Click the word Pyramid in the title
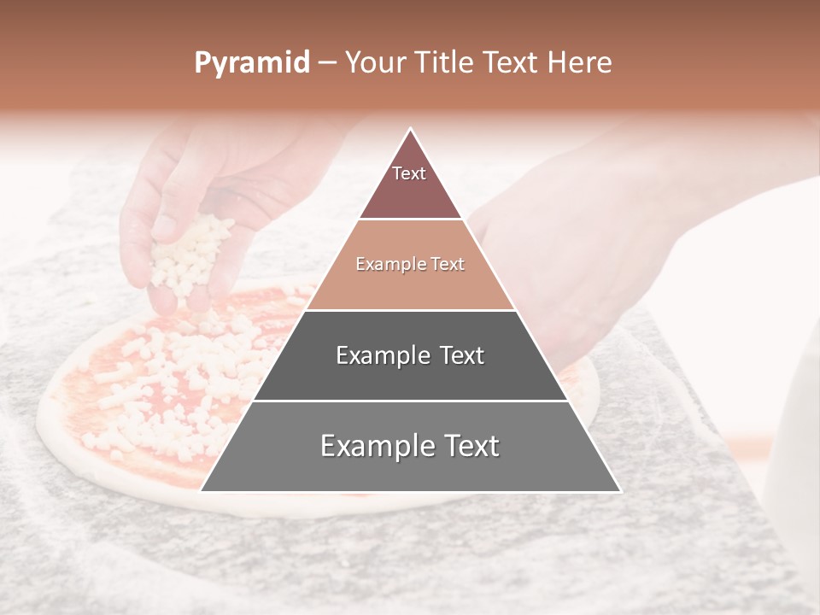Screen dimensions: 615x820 (251, 63)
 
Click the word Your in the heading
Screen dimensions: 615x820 (377, 63)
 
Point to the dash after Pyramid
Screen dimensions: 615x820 (326, 63)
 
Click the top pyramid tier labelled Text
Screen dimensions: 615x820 (410, 179)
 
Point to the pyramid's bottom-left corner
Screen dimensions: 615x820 (202, 491)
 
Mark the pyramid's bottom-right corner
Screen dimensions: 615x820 (620, 491)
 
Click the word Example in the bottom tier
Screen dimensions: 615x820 (375, 446)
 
